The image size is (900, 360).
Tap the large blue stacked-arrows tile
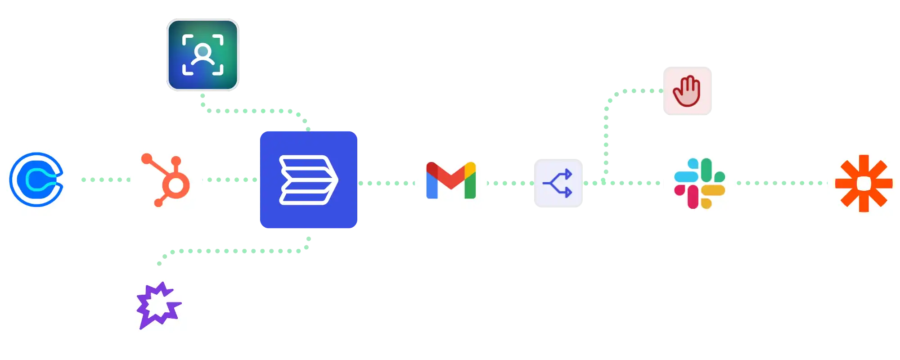point(309,180)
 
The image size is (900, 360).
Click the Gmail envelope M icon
point(451,180)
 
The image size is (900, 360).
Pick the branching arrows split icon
point(558,183)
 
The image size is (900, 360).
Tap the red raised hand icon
point(687,91)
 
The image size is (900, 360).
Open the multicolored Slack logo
point(700,183)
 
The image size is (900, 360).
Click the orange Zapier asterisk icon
point(864,183)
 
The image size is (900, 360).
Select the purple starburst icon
point(158,305)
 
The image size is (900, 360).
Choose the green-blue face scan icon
point(203,55)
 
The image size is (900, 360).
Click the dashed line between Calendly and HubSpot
point(103,180)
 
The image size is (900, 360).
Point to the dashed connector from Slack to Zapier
point(781,183)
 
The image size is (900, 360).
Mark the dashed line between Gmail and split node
point(511,183)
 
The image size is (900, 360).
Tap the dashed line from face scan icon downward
point(252,111)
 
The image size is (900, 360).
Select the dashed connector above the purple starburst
point(234,252)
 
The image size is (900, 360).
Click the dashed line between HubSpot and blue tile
point(232,180)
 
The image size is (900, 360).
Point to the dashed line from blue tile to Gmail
point(386,183)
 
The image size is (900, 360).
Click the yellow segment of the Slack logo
point(713,191)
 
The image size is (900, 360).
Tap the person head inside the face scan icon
point(203,50)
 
